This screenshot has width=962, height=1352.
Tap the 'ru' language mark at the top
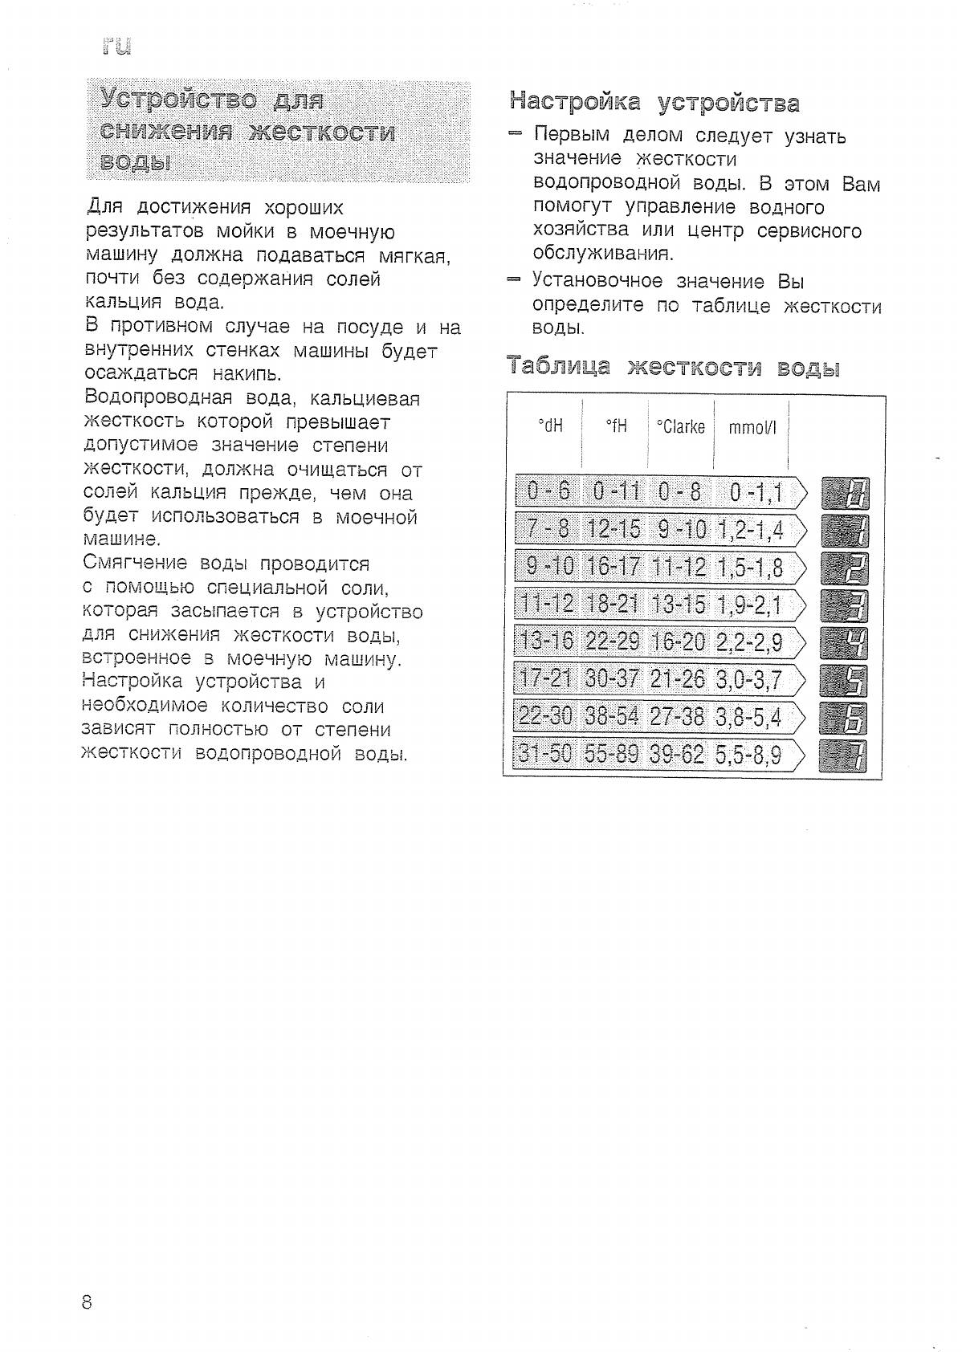coord(116,47)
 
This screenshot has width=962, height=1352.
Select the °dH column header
coord(550,426)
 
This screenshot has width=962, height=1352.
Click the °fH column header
coord(616,426)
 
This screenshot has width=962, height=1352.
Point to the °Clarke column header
coord(680,426)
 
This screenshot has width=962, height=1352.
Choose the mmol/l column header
coord(752,427)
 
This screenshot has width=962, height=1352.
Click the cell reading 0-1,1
coord(756,492)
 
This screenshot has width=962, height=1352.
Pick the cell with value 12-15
coord(613,530)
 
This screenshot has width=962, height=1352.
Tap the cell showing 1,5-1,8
coord(750,568)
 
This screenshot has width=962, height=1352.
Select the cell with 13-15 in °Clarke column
coord(679,605)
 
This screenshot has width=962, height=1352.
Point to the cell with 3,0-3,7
coord(748,680)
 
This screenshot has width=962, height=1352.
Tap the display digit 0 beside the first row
coord(845,492)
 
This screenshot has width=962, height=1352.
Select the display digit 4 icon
coord(845,642)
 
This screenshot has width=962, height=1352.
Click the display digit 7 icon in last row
coord(845,755)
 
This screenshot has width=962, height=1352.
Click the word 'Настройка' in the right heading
coord(575,102)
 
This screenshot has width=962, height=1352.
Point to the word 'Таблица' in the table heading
coord(559,368)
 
